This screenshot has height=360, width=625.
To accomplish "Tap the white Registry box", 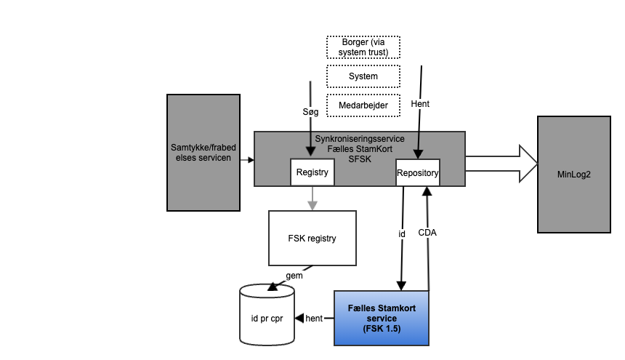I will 312,173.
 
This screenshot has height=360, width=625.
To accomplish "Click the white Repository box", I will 417,173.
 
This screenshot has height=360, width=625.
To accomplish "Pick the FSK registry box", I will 312,238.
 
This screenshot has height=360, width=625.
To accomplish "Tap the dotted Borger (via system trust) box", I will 363,47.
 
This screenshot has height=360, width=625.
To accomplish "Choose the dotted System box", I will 363,76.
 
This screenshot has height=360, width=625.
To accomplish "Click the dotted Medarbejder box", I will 363,105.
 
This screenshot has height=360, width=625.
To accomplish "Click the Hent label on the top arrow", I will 420,104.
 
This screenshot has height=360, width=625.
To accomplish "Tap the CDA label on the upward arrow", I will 427,233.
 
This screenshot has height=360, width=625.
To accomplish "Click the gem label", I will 294,276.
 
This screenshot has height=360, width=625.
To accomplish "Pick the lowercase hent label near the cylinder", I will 314,318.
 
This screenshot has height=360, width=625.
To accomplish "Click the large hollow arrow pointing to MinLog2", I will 501,162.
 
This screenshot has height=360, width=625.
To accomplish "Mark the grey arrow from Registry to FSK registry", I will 312,199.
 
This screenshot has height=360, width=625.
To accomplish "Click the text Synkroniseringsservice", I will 360,138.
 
